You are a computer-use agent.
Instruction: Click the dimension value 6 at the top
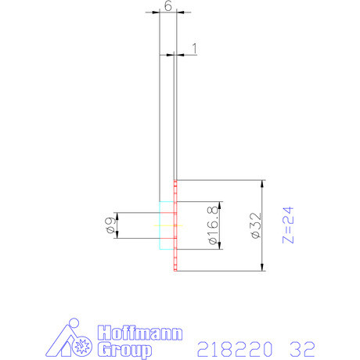click(167, 5)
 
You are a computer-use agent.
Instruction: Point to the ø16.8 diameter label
click(212, 226)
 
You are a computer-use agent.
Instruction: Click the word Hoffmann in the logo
click(139, 332)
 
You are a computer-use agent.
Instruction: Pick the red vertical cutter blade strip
click(175, 227)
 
